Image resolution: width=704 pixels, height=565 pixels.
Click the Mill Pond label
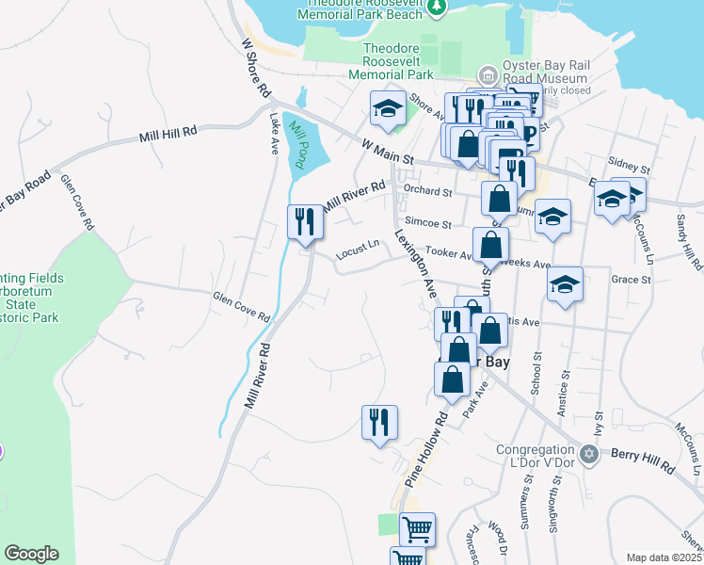(x=298, y=143)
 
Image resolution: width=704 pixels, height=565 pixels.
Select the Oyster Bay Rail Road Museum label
(x=546, y=72)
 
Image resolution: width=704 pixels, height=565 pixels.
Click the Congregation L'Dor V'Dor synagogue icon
(x=590, y=455)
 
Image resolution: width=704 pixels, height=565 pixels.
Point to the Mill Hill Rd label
(x=168, y=134)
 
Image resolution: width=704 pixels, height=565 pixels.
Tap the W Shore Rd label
(x=256, y=69)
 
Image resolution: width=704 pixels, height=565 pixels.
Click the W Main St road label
(x=389, y=151)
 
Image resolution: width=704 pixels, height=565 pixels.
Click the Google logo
(x=31, y=554)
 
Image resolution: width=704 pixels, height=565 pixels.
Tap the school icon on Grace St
(x=565, y=285)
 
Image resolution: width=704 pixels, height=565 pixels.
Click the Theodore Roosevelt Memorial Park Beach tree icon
(x=436, y=8)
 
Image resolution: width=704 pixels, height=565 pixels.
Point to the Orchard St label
(x=427, y=190)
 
